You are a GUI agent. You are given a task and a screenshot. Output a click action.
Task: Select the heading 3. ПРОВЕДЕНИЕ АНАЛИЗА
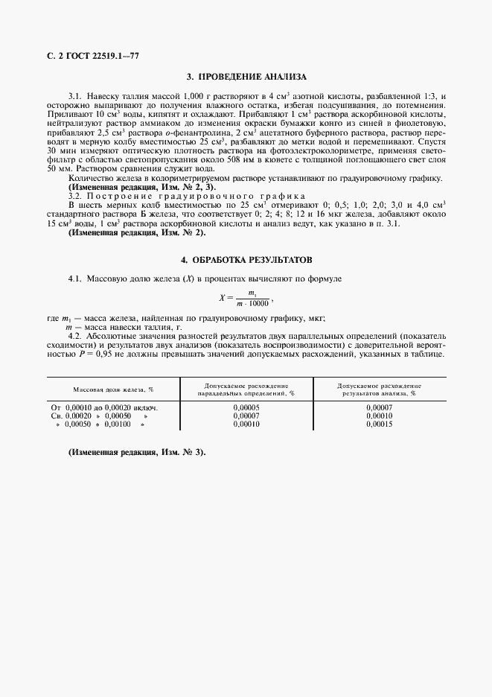coord(246,77)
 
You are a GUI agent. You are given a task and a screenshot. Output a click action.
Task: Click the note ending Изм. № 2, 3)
coord(137,187)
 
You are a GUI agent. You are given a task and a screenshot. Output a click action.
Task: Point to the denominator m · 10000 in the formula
coord(252,303)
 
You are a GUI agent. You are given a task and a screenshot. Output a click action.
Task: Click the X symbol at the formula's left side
coord(222,298)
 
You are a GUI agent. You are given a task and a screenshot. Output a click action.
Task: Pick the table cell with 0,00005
coord(246,407)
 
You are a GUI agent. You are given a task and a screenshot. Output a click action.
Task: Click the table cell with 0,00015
coord(379,424)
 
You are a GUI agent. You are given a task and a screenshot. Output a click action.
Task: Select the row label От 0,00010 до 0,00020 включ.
coord(104,407)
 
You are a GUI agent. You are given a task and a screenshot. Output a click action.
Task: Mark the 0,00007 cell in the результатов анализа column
coord(379,407)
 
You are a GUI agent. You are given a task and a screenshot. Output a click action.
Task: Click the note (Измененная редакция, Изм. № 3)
coord(137,453)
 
